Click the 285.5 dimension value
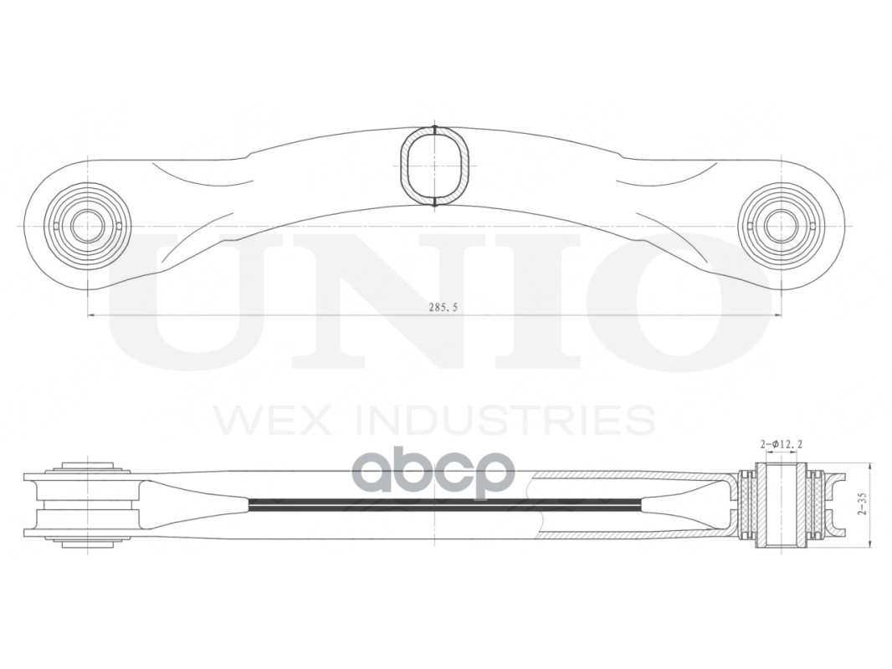(443, 307)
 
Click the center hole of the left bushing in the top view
(87, 226)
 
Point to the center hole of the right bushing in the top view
(781, 226)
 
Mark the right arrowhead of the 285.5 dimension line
(777, 315)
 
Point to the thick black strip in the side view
(443, 504)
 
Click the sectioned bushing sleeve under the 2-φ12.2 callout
(782, 506)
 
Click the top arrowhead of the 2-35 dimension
(871, 467)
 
